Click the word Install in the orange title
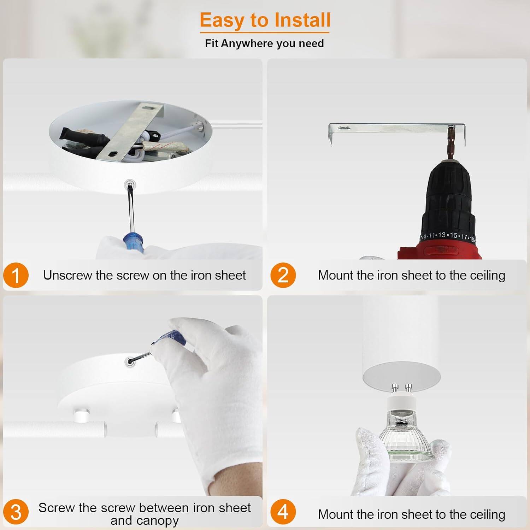tap(302, 20)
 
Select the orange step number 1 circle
tap(16, 275)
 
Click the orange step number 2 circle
tap(283, 275)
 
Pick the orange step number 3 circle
tap(16, 512)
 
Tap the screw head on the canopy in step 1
tap(130, 184)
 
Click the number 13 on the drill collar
tap(442, 235)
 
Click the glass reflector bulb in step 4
tap(407, 438)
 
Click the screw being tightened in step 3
tap(130, 361)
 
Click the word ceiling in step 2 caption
tap(487, 275)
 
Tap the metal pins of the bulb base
tap(402, 388)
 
